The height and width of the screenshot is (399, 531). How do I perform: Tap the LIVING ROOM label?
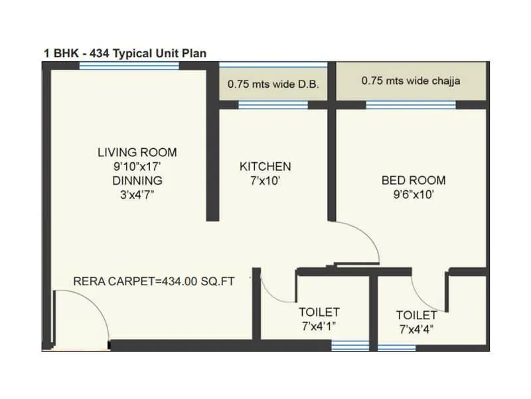[x=137, y=153]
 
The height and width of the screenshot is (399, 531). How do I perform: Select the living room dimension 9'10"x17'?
[x=137, y=167]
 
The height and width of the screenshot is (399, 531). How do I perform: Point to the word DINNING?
[x=137, y=180]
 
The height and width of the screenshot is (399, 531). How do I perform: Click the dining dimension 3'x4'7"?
[x=137, y=194]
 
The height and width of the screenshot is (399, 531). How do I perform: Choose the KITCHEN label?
[x=265, y=166]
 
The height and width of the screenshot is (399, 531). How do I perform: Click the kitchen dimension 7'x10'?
[x=265, y=180]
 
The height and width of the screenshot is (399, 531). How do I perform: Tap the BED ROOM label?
[x=413, y=180]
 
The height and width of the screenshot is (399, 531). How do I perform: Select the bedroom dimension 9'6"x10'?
[x=413, y=194]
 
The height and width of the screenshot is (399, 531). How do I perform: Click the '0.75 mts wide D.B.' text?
[x=273, y=84]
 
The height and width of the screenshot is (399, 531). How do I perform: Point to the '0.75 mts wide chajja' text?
[x=411, y=81]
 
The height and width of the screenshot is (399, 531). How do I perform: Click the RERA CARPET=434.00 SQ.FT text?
[x=154, y=281]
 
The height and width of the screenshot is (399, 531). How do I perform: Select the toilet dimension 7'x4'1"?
[x=319, y=325]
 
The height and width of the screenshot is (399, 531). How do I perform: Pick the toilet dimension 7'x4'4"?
[x=417, y=329]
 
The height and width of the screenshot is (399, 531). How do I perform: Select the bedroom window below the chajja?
[x=411, y=104]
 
